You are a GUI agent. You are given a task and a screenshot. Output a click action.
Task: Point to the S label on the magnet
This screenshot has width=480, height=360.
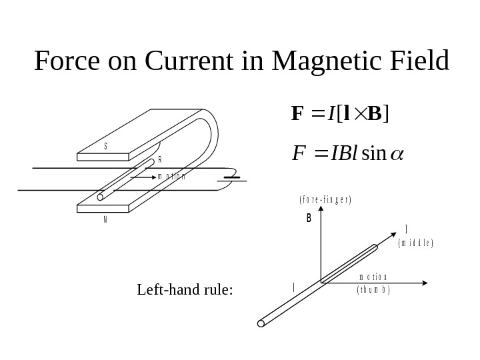(x=105, y=145)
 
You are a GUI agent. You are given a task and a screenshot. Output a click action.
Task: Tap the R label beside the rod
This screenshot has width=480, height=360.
(x=159, y=161)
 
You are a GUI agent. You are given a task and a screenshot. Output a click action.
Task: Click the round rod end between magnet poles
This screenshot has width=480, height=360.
(x=101, y=197)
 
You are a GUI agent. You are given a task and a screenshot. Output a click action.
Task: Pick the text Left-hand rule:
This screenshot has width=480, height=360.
(x=185, y=290)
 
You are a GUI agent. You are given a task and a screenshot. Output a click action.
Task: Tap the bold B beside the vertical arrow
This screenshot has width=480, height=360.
(x=309, y=217)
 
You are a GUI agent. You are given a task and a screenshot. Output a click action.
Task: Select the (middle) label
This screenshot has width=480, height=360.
(x=415, y=244)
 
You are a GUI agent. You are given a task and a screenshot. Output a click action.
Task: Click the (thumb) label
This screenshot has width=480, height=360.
(x=373, y=290)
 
